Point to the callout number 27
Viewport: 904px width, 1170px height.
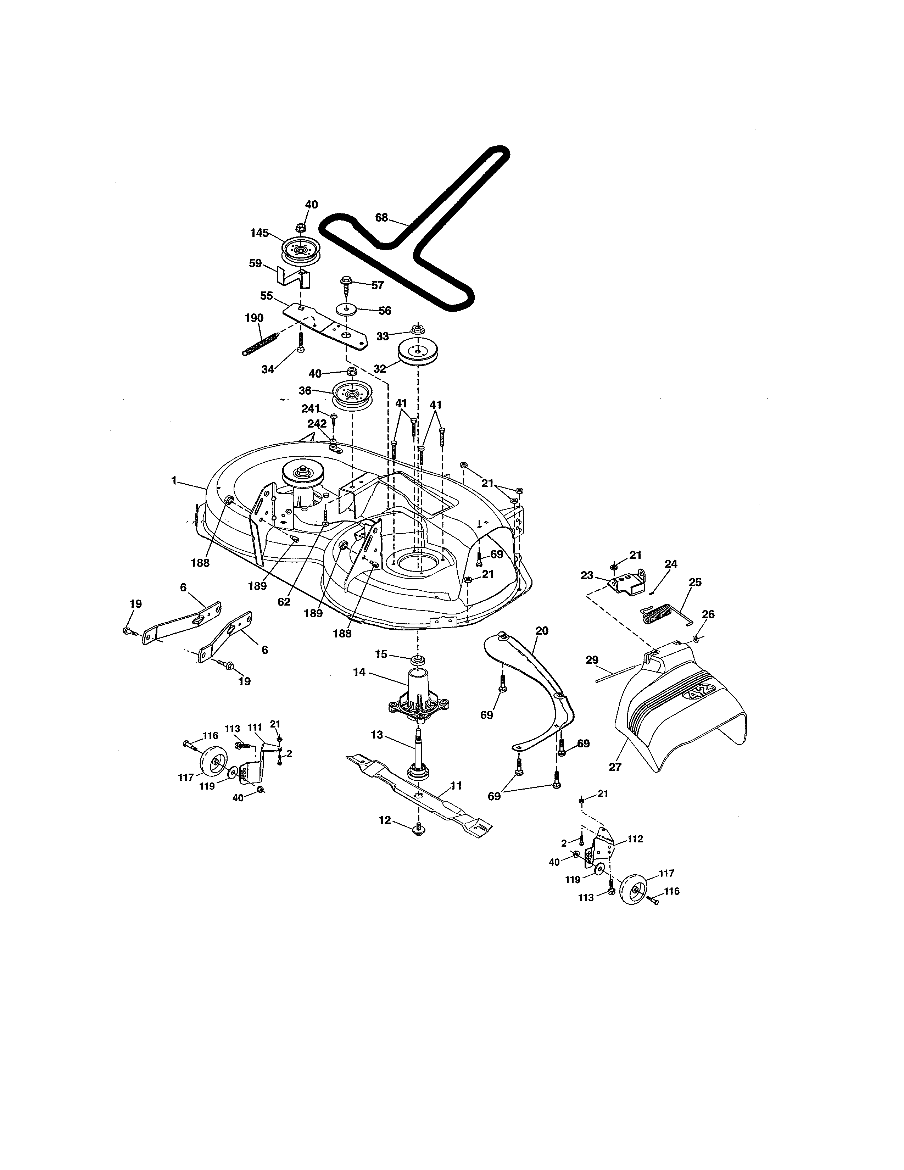pos(615,767)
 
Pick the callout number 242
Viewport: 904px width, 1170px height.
pos(317,423)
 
